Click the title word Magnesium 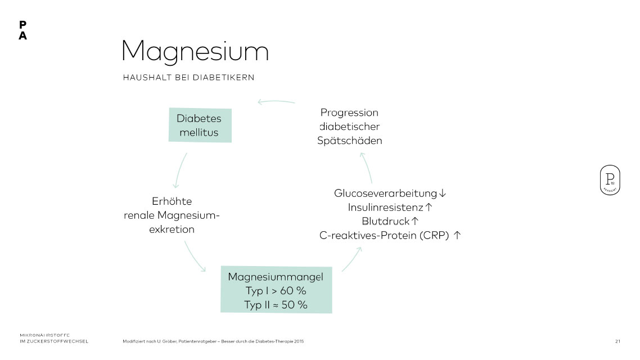pos(195,52)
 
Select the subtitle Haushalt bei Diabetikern pos(188,78)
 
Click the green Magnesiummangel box pos(276,289)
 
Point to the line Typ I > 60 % pos(276,291)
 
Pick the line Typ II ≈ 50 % pos(276,305)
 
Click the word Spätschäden pos(349,141)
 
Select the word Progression pos(349,112)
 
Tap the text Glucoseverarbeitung pos(385,193)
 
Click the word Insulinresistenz pos(385,208)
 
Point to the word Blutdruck pos(385,221)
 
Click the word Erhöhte pos(172,201)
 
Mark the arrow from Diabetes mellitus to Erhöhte pos(179,170)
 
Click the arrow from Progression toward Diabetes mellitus pos(276,102)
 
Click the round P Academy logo pos(610,180)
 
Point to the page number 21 pos(618,341)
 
